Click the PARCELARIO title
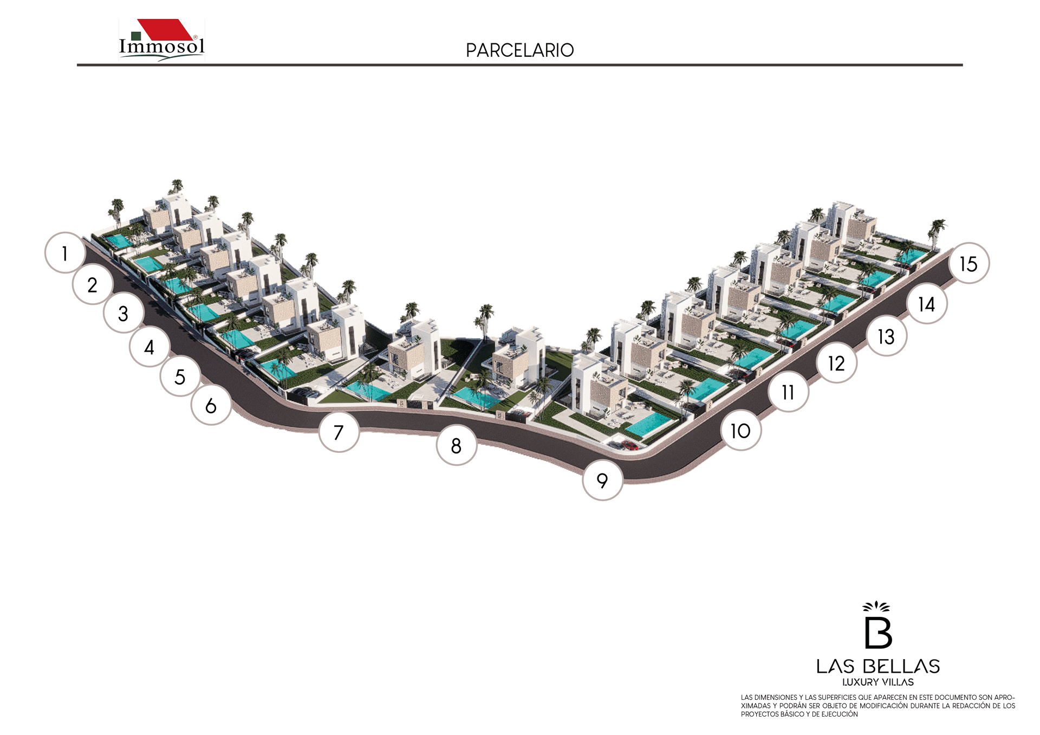519,50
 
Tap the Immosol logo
161,41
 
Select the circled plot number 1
65,253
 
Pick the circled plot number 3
123,313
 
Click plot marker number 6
211,405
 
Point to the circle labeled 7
339,432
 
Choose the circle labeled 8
457,446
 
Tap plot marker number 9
602,480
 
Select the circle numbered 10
740,431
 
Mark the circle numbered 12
836,363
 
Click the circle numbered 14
927,304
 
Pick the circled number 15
968,264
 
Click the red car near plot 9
629,445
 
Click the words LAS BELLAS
877,666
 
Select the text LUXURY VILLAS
877,682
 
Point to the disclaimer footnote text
877,706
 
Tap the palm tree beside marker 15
936,232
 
